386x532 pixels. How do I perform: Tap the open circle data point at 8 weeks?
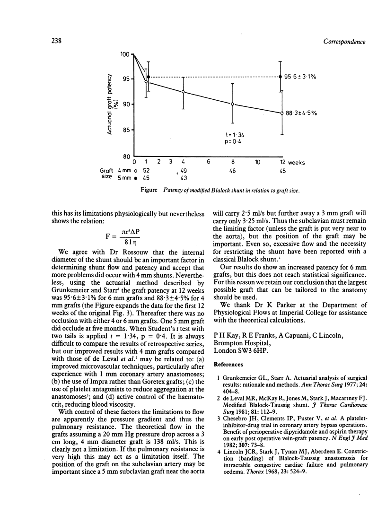tap(233, 104)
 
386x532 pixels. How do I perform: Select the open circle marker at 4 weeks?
tap(183, 92)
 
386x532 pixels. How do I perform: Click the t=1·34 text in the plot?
tap(235, 135)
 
